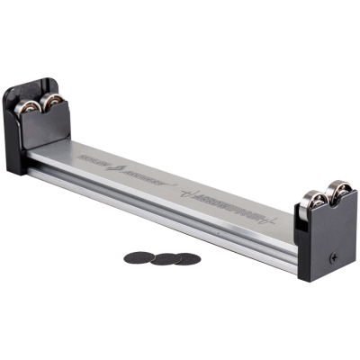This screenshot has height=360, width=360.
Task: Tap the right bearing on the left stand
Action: (x=54, y=100)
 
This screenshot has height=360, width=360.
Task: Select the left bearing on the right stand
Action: (x=312, y=203)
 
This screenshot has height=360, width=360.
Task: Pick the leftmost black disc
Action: (x=138, y=256)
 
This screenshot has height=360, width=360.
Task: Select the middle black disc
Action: (x=165, y=259)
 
